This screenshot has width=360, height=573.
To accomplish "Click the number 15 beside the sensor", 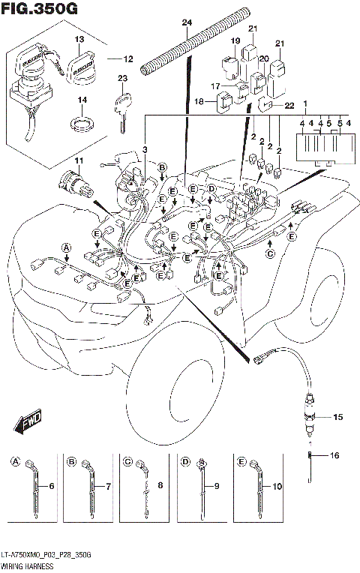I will tap(337, 416).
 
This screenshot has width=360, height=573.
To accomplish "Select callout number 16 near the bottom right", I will tap(335, 455).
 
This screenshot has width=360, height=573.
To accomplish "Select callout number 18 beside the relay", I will tap(199, 100).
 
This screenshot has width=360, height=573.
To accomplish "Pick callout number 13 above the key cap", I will tap(79, 38).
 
